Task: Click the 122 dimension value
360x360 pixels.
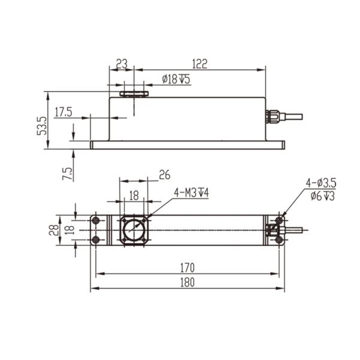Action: (201, 63)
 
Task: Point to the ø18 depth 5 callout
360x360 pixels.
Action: (176, 79)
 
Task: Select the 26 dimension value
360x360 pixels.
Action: (164, 175)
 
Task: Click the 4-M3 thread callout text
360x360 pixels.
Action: (191, 193)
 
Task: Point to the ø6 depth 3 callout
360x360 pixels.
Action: (322, 196)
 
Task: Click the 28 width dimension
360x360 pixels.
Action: (53, 230)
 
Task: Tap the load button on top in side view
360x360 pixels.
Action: (134, 94)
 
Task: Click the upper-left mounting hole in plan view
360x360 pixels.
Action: (95, 221)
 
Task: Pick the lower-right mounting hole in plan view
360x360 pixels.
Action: (279, 240)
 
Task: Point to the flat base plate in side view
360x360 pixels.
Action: (186, 145)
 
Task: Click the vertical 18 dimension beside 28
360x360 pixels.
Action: (68, 230)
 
